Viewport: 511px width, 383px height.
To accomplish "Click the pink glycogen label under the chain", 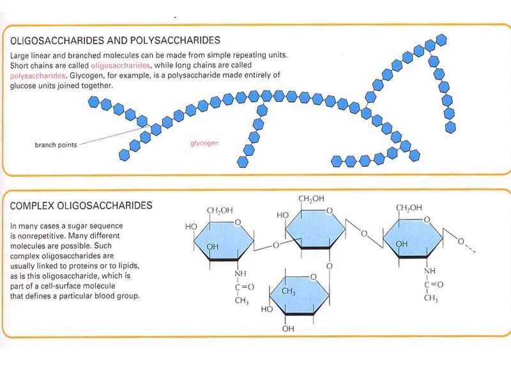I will [x=204, y=143].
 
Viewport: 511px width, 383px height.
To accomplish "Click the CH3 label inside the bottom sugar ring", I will [x=289, y=292].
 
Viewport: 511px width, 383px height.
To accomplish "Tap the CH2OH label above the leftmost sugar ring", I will [x=219, y=210].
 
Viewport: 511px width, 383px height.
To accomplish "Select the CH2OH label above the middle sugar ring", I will [x=312, y=200].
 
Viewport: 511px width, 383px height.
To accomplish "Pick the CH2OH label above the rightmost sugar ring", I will [x=409, y=207].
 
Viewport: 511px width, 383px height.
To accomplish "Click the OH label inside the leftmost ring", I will [x=213, y=246].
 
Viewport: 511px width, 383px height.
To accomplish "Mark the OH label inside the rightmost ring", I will [x=402, y=244].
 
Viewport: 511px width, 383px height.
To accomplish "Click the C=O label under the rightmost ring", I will [x=434, y=285].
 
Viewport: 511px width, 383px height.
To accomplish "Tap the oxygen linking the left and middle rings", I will [x=275, y=244].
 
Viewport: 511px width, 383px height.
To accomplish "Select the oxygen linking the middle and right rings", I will [x=363, y=234].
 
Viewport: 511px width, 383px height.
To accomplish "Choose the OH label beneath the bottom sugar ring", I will [x=288, y=329].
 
